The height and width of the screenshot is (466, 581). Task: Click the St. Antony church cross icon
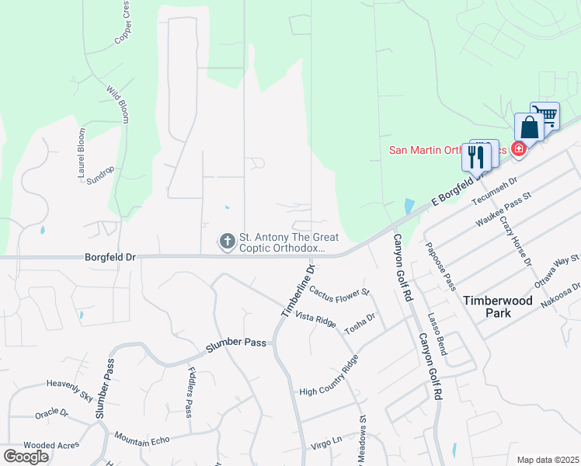(x=227, y=242)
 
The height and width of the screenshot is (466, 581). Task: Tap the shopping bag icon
(x=529, y=128)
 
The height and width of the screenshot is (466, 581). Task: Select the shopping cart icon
(x=546, y=116)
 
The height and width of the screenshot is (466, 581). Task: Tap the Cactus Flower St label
(x=339, y=293)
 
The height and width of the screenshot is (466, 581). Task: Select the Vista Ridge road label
(x=315, y=319)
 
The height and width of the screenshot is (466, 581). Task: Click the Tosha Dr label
(x=360, y=322)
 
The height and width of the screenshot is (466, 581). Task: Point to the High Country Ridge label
(x=329, y=377)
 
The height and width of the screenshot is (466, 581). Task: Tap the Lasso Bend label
(x=437, y=334)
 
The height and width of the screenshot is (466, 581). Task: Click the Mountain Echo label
(x=141, y=441)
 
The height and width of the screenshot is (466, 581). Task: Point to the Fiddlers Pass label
(x=190, y=392)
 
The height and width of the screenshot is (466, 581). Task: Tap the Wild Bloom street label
(x=117, y=103)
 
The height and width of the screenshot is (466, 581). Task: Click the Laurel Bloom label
(x=82, y=154)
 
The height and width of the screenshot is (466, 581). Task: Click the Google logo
(x=26, y=457)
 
